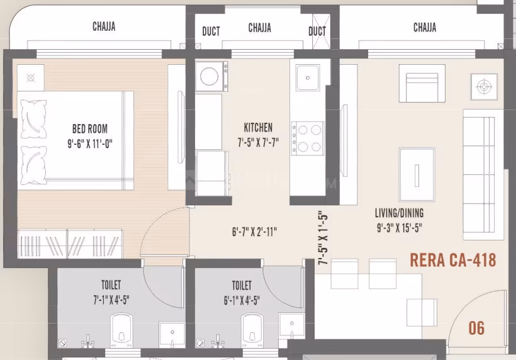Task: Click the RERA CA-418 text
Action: (452, 259)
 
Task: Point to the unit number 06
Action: (477, 328)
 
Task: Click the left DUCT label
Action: (211, 31)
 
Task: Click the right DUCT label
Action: (317, 31)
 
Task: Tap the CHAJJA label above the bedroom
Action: (104, 27)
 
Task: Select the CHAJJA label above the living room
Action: (425, 27)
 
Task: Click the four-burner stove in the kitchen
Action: (306, 138)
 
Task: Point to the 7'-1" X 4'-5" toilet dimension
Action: (111, 300)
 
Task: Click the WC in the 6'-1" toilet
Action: (252, 330)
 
